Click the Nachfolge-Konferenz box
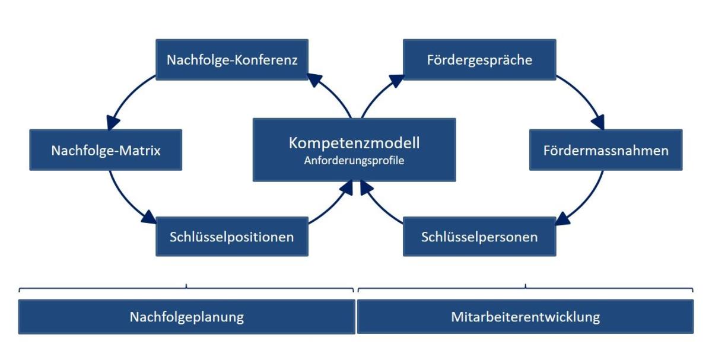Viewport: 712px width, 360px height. click(232, 59)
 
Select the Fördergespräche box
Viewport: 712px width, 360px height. click(479, 59)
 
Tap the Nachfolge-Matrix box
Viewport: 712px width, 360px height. click(106, 149)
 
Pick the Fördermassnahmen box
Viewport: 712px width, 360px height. click(606, 149)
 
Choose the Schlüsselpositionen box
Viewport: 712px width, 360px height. click(232, 237)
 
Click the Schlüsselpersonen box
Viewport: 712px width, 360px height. click(479, 237)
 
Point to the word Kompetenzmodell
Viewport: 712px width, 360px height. click(354, 143)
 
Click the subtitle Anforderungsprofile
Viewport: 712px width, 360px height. click(354, 161)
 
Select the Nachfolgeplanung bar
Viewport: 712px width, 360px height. click(186, 317)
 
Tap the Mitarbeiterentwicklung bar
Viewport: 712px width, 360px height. click(526, 317)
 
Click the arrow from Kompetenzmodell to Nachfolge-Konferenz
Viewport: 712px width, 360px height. click(333, 92)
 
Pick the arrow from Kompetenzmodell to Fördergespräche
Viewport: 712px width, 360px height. click(379, 93)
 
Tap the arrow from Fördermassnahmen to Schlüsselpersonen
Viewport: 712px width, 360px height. click(588, 202)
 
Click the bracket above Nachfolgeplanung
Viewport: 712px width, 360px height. click(186, 288)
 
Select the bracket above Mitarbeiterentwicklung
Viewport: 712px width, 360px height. click(526, 288)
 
